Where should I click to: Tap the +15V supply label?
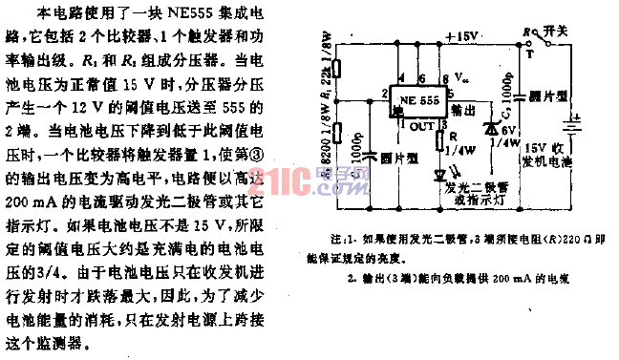(463, 35)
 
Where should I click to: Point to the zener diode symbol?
(491, 126)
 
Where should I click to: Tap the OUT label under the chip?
(419, 125)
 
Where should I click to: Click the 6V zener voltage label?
(509, 131)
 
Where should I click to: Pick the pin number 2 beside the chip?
(383, 94)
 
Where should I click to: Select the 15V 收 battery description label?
(551, 151)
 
